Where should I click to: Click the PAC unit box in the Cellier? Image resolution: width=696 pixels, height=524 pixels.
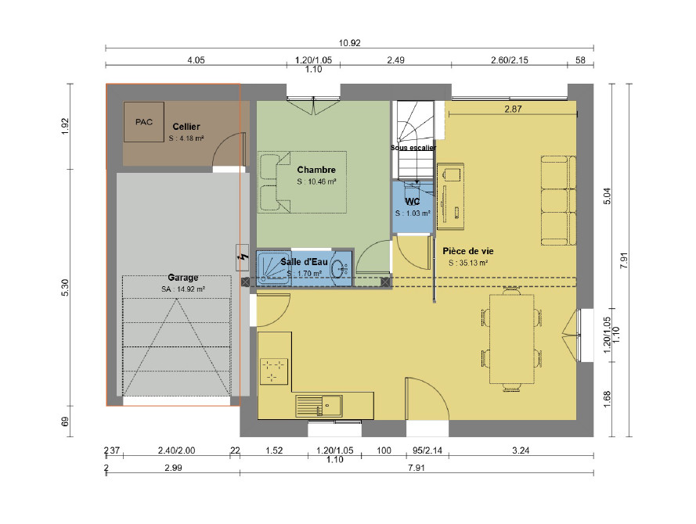pos(144,122)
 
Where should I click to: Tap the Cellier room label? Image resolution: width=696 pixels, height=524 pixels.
pos(186,127)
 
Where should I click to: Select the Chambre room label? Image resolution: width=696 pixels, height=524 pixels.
pos(316,170)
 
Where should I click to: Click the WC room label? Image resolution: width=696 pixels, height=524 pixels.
pos(413,202)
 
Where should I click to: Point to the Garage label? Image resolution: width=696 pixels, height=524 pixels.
pos(183,278)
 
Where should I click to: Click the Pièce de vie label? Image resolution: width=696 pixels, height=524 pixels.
pos(468,251)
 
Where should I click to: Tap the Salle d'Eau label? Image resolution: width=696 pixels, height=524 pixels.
pos(304,262)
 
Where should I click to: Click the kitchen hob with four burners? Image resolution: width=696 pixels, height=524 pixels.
pos(274,371)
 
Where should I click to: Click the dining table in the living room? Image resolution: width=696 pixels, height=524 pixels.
pos(512,339)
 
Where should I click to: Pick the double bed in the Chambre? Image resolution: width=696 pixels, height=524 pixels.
pos(302,182)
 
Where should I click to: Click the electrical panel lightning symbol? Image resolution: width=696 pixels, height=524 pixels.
pos(243,257)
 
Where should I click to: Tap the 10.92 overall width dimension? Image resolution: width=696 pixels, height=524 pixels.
pos(349,43)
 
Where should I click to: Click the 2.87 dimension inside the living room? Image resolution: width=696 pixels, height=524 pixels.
pos(513,109)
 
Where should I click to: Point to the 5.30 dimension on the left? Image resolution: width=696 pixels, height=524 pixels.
pos(65,288)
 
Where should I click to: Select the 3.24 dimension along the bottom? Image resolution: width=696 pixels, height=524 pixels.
pos(521,450)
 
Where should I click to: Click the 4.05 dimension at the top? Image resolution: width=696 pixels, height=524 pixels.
pos(196,60)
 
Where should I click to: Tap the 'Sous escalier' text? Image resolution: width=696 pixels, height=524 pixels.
pos(413,148)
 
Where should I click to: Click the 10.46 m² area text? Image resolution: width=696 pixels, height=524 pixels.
pos(316,181)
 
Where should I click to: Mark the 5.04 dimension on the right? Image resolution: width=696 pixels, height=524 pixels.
pos(608,196)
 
